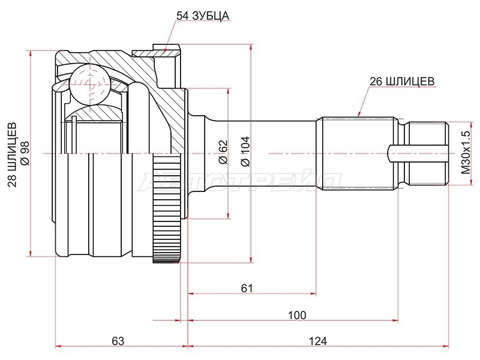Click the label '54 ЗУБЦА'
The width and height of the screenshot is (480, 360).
click(202, 16)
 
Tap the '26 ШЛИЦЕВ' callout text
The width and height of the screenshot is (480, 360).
click(402, 82)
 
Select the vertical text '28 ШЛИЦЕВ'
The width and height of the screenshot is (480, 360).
click(12, 155)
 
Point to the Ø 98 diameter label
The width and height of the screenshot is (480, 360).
click(25, 153)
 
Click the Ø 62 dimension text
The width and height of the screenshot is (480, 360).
click(223, 152)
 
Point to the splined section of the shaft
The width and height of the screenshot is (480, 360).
click(357, 153)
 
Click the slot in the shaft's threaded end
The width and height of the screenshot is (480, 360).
click(418, 153)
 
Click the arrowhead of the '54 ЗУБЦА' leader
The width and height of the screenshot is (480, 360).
click(164, 52)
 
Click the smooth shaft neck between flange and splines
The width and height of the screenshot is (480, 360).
click(260, 153)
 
